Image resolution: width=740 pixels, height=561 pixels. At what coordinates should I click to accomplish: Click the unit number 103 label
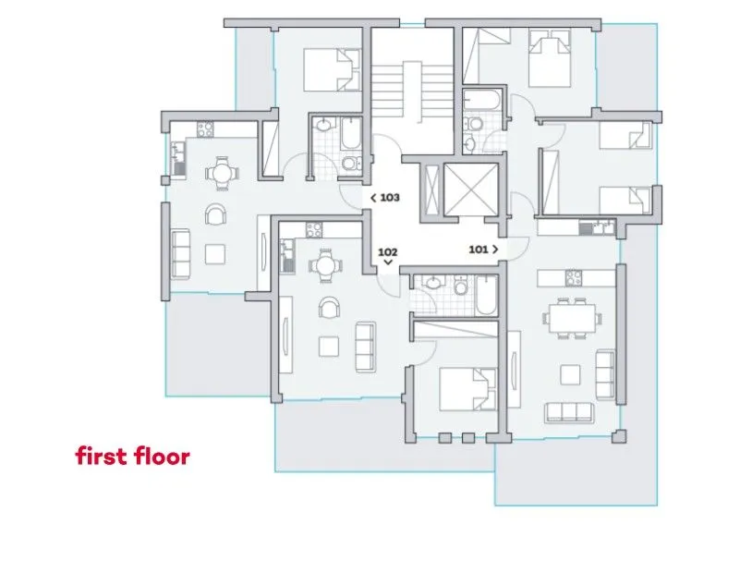(x=390, y=198)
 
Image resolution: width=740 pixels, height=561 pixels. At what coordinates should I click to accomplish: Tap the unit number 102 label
(x=387, y=252)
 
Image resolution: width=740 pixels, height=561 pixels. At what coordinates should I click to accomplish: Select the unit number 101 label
(x=478, y=250)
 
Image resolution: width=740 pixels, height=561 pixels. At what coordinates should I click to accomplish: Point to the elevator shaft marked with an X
(x=471, y=189)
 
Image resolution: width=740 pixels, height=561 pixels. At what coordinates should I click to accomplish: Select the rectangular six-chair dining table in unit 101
(x=572, y=318)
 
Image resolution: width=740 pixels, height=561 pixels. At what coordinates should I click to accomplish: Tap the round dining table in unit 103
(x=222, y=174)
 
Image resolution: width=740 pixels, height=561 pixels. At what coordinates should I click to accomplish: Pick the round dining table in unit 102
(x=324, y=266)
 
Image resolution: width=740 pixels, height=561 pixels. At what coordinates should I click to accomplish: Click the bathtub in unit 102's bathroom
(x=486, y=296)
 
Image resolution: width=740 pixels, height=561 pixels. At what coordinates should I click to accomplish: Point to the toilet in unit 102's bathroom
(x=461, y=286)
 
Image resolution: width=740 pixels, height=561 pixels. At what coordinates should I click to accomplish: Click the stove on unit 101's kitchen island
(x=574, y=277)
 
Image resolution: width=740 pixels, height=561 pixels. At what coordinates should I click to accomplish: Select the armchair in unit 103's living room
(x=215, y=214)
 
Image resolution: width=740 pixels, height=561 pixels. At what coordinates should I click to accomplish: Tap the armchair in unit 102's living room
(x=329, y=307)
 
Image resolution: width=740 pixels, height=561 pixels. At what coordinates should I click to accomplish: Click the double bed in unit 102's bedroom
(x=467, y=390)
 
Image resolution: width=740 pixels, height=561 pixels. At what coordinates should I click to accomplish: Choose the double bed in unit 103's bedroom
(x=332, y=69)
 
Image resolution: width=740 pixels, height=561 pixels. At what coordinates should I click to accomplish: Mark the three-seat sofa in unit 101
(x=569, y=412)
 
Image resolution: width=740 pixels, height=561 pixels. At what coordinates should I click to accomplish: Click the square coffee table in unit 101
(x=570, y=374)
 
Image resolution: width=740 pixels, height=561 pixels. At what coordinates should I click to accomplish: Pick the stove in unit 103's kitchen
(x=205, y=129)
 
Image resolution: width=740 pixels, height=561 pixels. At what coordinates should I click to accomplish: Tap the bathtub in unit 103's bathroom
(x=351, y=133)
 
